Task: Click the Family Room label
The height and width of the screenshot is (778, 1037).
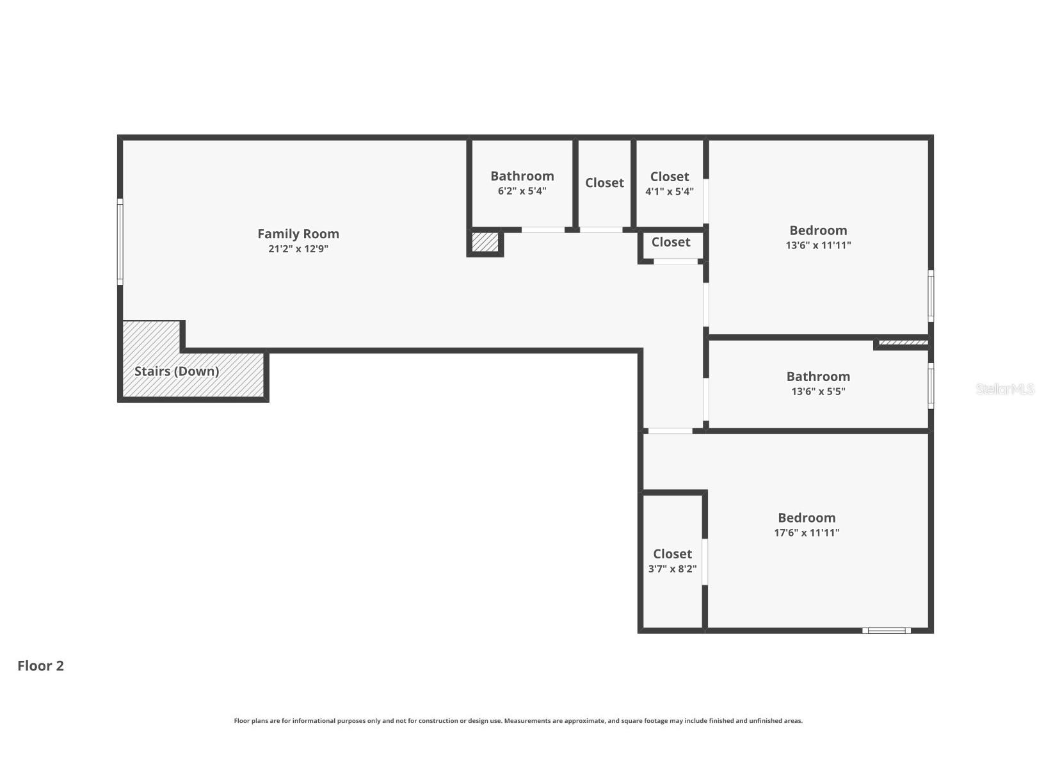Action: (298, 234)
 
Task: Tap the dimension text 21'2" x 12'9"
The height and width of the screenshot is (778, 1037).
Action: (298, 249)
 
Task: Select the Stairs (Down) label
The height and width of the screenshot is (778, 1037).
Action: (177, 371)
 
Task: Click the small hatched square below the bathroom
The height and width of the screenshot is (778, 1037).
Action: (485, 242)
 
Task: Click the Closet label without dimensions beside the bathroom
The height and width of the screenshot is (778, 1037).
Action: (604, 182)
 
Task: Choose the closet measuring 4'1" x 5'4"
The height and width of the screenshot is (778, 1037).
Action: (670, 183)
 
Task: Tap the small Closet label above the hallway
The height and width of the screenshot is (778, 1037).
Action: (671, 242)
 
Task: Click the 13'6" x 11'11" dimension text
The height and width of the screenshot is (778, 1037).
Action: (818, 245)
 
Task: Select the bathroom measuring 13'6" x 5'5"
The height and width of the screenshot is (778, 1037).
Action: (818, 383)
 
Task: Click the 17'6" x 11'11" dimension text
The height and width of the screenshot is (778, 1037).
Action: (807, 533)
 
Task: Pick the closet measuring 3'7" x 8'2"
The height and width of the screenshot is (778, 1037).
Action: (672, 560)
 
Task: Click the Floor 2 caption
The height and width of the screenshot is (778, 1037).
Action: (40, 666)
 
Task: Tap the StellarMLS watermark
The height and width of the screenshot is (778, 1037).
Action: (1004, 389)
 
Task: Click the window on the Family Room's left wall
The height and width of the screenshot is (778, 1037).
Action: (120, 241)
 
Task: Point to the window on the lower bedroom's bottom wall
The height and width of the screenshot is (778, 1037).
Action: (887, 631)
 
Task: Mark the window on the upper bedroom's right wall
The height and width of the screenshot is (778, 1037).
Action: (931, 296)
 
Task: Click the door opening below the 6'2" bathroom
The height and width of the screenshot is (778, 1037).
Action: (543, 230)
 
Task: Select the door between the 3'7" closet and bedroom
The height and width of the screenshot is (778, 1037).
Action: (705, 562)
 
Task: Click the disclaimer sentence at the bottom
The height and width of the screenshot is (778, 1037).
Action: (518, 721)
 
